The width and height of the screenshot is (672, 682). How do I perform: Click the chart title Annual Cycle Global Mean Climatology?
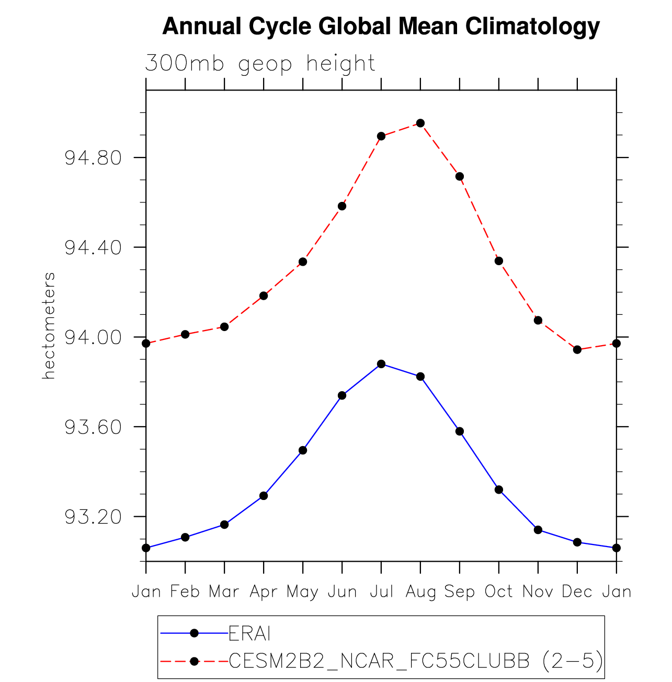pos(381,26)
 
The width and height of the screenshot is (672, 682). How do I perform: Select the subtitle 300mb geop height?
pos(260,64)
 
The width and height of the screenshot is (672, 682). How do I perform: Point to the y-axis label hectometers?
pos(49,325)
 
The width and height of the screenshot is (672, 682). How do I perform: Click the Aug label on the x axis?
pos(420,592)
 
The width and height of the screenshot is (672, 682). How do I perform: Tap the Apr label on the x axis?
pos(264,592)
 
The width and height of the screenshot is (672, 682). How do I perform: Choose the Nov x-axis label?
pos(538,592)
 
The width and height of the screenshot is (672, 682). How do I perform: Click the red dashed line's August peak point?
pos(420,123)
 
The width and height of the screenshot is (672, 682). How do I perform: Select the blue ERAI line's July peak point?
pos(381,364)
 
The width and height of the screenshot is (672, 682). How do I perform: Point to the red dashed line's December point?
pos(577,349)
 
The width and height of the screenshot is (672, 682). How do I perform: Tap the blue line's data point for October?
pos(499,490)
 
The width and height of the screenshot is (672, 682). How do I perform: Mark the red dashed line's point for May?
pos(303,262)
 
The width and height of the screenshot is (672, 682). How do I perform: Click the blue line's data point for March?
pos(224,525)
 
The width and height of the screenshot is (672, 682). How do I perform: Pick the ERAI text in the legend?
pos(250,634)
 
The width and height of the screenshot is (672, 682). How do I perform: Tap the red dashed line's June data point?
pos(342,206)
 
